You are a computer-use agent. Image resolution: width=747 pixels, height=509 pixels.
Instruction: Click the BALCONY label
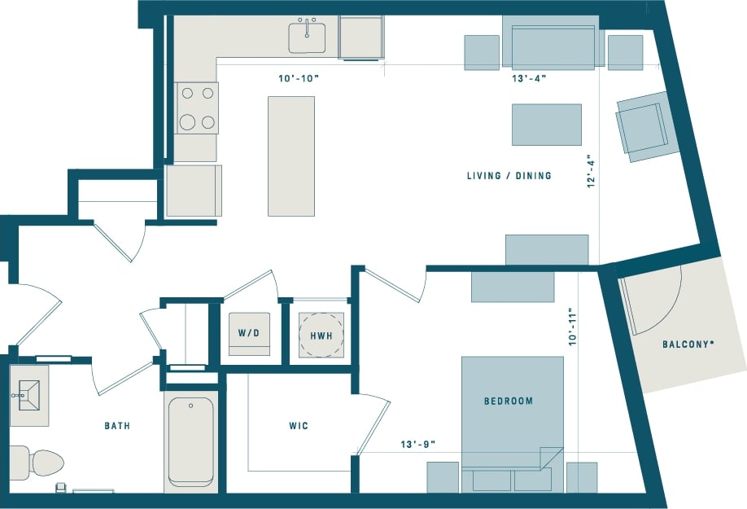(688, 344)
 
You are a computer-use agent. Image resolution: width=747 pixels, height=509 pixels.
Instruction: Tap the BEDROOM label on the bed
(509, 401)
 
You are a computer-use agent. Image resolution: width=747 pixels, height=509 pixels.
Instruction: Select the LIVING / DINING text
(509, 176)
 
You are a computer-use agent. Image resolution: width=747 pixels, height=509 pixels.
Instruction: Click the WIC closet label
(299, 426)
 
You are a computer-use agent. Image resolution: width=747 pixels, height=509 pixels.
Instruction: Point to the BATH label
(117, 426)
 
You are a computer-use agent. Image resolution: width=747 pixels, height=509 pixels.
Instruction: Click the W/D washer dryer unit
(249, 333)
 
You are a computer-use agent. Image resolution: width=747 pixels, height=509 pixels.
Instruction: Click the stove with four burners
(197, 108)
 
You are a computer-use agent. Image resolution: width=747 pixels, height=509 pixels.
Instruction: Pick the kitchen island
(291, 156)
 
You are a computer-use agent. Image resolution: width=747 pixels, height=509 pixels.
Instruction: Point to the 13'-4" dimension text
(528, 79)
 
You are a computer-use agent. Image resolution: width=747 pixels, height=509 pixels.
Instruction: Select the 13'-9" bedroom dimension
(418, 445)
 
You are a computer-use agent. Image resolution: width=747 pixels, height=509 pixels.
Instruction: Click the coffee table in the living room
(546, 124)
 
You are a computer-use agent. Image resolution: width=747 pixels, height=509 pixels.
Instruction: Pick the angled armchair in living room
(648, 126)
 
